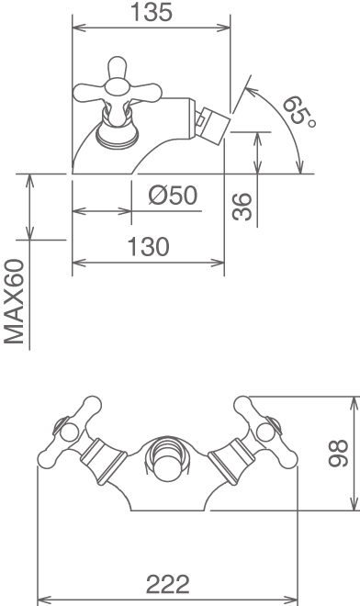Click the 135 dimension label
tap(151, 12)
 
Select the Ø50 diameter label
tap(173, 196)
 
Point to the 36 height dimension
tap(242, 207)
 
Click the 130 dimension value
tap(148, 247)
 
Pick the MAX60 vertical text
tap(15, 302)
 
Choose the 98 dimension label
tap(338, 454)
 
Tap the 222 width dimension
tap(168, 585)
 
